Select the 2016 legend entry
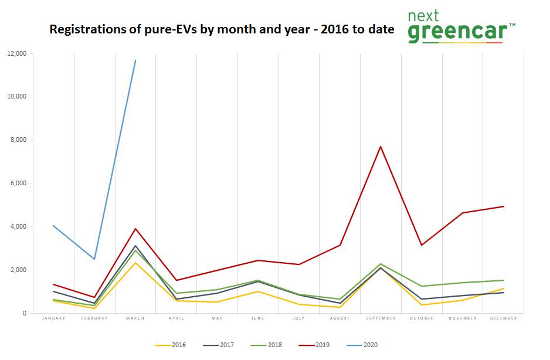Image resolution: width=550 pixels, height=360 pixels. (x=172, y=345)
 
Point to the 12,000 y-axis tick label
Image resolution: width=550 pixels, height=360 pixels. (x=16, y=53)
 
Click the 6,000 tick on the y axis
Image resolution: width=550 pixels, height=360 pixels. (x=18, y=184)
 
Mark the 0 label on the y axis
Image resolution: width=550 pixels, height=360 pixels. (x=24, y=313)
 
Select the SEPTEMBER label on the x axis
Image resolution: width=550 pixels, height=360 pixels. (x=381, y=318)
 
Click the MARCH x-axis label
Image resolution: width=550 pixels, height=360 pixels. (x=135, y=318)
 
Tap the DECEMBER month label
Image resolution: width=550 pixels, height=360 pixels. (x=503, y=318)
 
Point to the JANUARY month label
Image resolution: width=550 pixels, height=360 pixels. (x=53, y=318)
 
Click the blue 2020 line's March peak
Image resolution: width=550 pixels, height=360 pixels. (x=135, y=60)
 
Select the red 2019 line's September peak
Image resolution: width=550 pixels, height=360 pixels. (x=381, y=147)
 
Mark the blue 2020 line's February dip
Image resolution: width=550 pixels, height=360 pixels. (x=94, y=259)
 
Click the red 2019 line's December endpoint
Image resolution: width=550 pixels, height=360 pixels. (x=504, y=206)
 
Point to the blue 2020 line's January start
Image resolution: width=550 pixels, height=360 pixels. (x=53, y=226)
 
